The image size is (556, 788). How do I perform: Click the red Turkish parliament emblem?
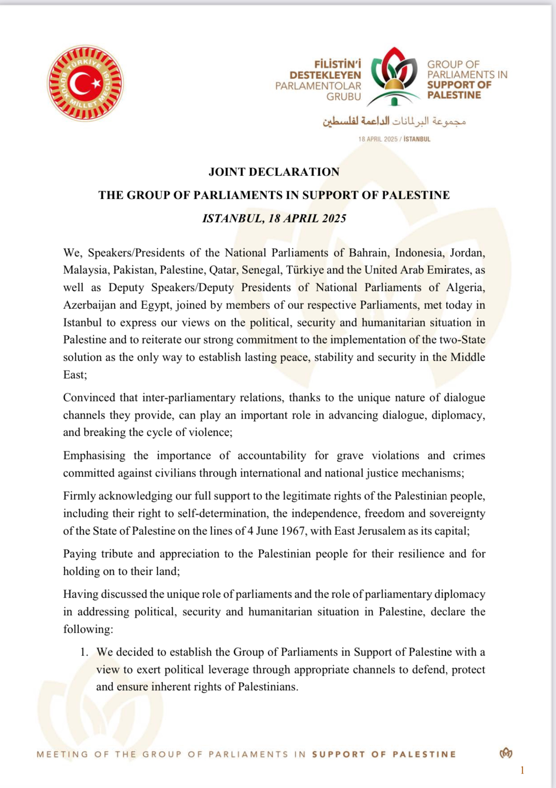click(85, 83)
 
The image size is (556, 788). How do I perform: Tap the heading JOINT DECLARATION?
click(274, 172)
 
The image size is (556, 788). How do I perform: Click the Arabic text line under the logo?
click(394, 121)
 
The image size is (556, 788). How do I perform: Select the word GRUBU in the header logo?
click(344, 97)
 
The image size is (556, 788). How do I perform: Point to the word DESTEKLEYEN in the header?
click(325, 75)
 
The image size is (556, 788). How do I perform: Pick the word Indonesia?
click(419, 253)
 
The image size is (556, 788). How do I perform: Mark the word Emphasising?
click(94, 455)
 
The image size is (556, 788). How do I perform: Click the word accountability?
click(272, 455)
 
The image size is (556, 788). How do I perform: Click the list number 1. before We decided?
click(85, 652)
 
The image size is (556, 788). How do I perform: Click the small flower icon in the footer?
click(506, 753)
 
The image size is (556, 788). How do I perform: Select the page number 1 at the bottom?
click(522, 770)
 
